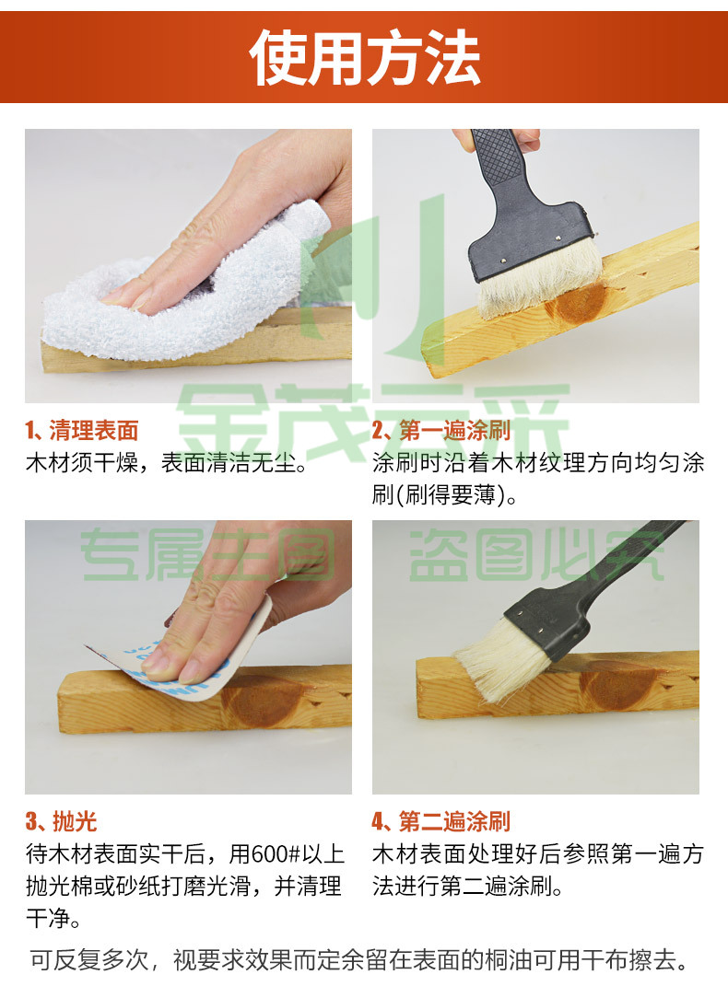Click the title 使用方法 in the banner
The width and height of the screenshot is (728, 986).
pyautogui.click(x=365, y=58)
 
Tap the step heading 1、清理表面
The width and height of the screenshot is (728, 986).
pyautogui.click(x=82, y=431)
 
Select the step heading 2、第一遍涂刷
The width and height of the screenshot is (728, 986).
pyautogui.click(x=441, y=431)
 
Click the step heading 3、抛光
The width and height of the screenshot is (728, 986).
pyautogui.click(x=61, y=821)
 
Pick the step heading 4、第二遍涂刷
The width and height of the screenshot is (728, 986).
pyautogui.click(x=441, y=821)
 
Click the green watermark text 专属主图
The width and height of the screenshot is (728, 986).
pyautogui.click(x=207, y=554)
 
